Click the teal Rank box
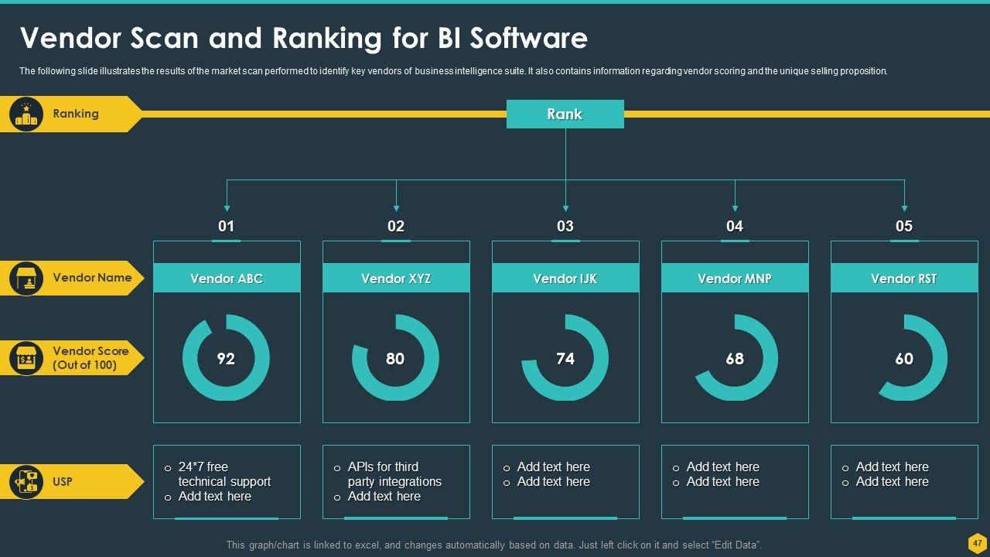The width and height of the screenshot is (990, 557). [x=565, y=114]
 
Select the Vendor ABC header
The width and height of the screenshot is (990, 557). [x=227, y=278]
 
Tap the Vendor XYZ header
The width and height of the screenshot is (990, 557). [x=396, y=278]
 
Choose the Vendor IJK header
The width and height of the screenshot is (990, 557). [x=565, y=278]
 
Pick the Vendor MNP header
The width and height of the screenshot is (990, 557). [x=735, y=278]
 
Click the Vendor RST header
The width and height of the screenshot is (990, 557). [x=904, y=278]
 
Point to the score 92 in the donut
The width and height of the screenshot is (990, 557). [x=226, y=359]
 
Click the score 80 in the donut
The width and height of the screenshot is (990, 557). [x=395, y=359]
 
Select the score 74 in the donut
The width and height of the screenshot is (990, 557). [x=565, y=359]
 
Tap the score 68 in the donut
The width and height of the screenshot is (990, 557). [x=735, y=359]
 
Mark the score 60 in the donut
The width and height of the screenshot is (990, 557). [x=904, y=359]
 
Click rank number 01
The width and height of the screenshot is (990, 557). [x=227, y=226]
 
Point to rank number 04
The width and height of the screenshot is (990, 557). [x=735, y=226]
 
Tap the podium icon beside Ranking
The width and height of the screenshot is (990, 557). [x=26, y=114]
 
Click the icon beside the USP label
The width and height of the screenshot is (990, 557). [x=26, y=482]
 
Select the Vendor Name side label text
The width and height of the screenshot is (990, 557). [x=92, y=278]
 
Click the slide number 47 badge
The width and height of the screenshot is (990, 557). [x=977, y=542]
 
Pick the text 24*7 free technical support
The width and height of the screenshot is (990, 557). [x=224, y=474]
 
